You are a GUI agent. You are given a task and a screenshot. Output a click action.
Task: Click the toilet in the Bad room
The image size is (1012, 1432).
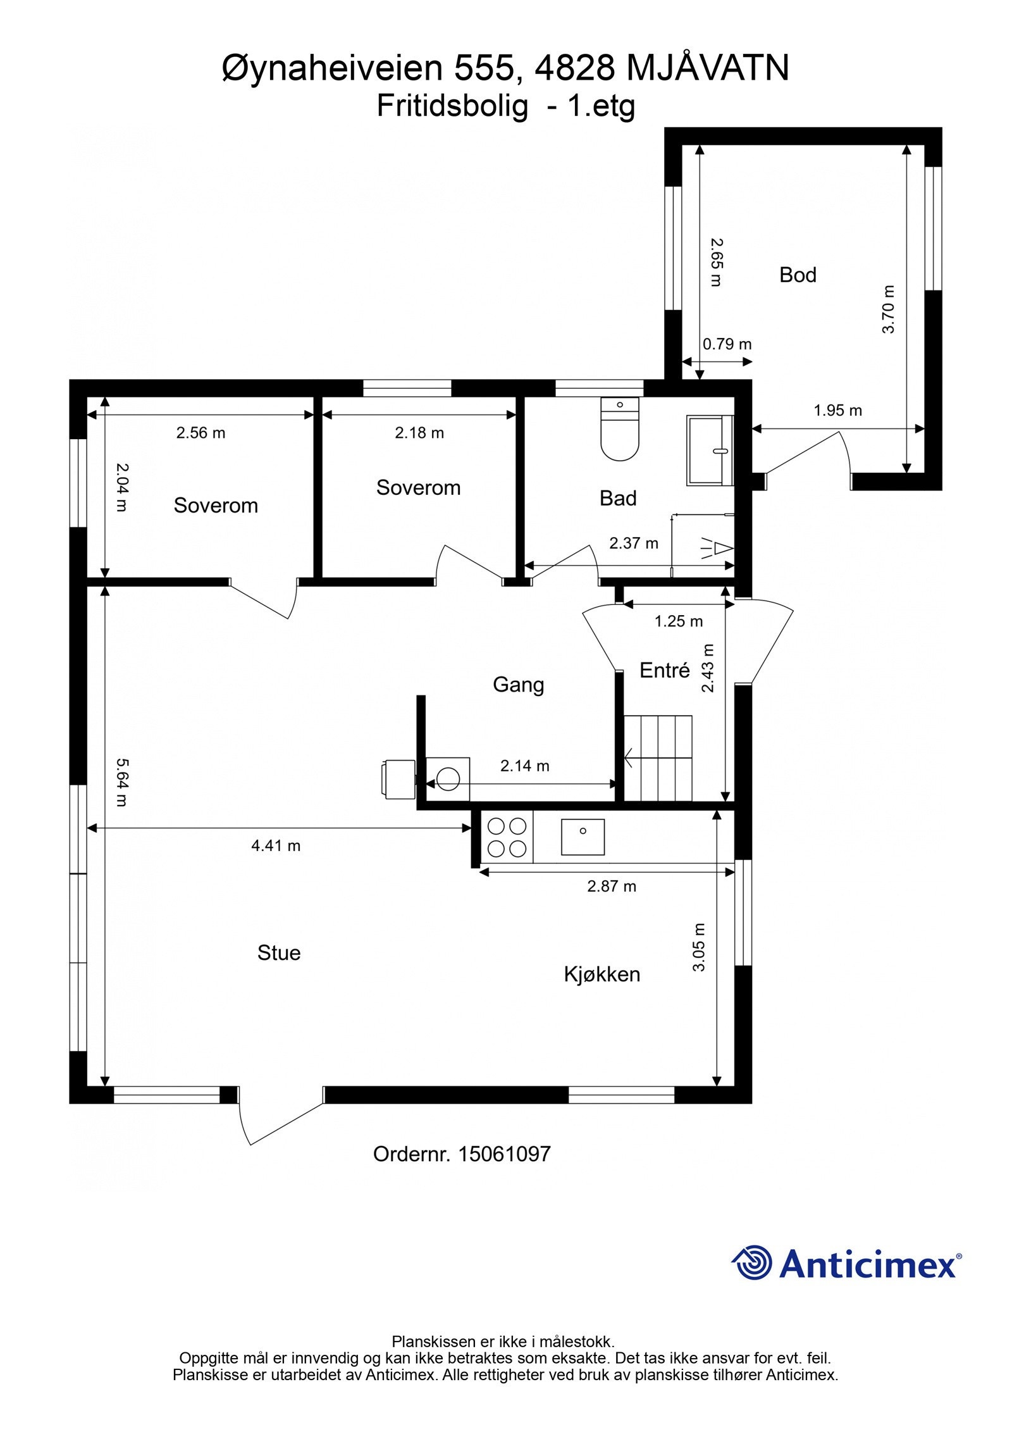[619, 428]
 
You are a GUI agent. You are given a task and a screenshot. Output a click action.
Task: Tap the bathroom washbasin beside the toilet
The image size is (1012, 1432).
[710, 450]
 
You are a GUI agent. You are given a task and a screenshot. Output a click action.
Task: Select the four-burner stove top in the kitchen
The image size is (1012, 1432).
[507, 837]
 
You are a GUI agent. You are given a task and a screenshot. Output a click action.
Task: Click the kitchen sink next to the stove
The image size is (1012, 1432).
[582, 837]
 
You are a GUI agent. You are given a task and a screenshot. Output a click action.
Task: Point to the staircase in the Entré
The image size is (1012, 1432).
[658, 757]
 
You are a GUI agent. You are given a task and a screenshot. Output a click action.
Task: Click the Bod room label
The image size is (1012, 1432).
[798, 275]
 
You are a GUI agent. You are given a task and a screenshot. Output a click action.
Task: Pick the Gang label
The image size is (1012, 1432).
[518, 685]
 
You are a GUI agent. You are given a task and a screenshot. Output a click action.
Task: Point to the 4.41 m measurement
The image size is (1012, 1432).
[276, 845]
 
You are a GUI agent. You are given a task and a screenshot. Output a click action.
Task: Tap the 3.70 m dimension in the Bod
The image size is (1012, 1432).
[889, 309]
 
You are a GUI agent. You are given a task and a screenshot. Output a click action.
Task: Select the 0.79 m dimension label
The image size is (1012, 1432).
[727, 344]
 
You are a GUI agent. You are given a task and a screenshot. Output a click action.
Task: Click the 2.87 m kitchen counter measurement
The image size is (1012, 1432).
[612, 886]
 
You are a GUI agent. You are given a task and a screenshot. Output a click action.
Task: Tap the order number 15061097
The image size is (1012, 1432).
[504, 1154]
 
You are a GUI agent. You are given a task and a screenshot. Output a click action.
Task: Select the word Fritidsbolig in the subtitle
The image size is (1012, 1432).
[452, 107]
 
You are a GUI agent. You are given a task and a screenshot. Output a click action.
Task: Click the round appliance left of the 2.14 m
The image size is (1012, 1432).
[448, 778]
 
